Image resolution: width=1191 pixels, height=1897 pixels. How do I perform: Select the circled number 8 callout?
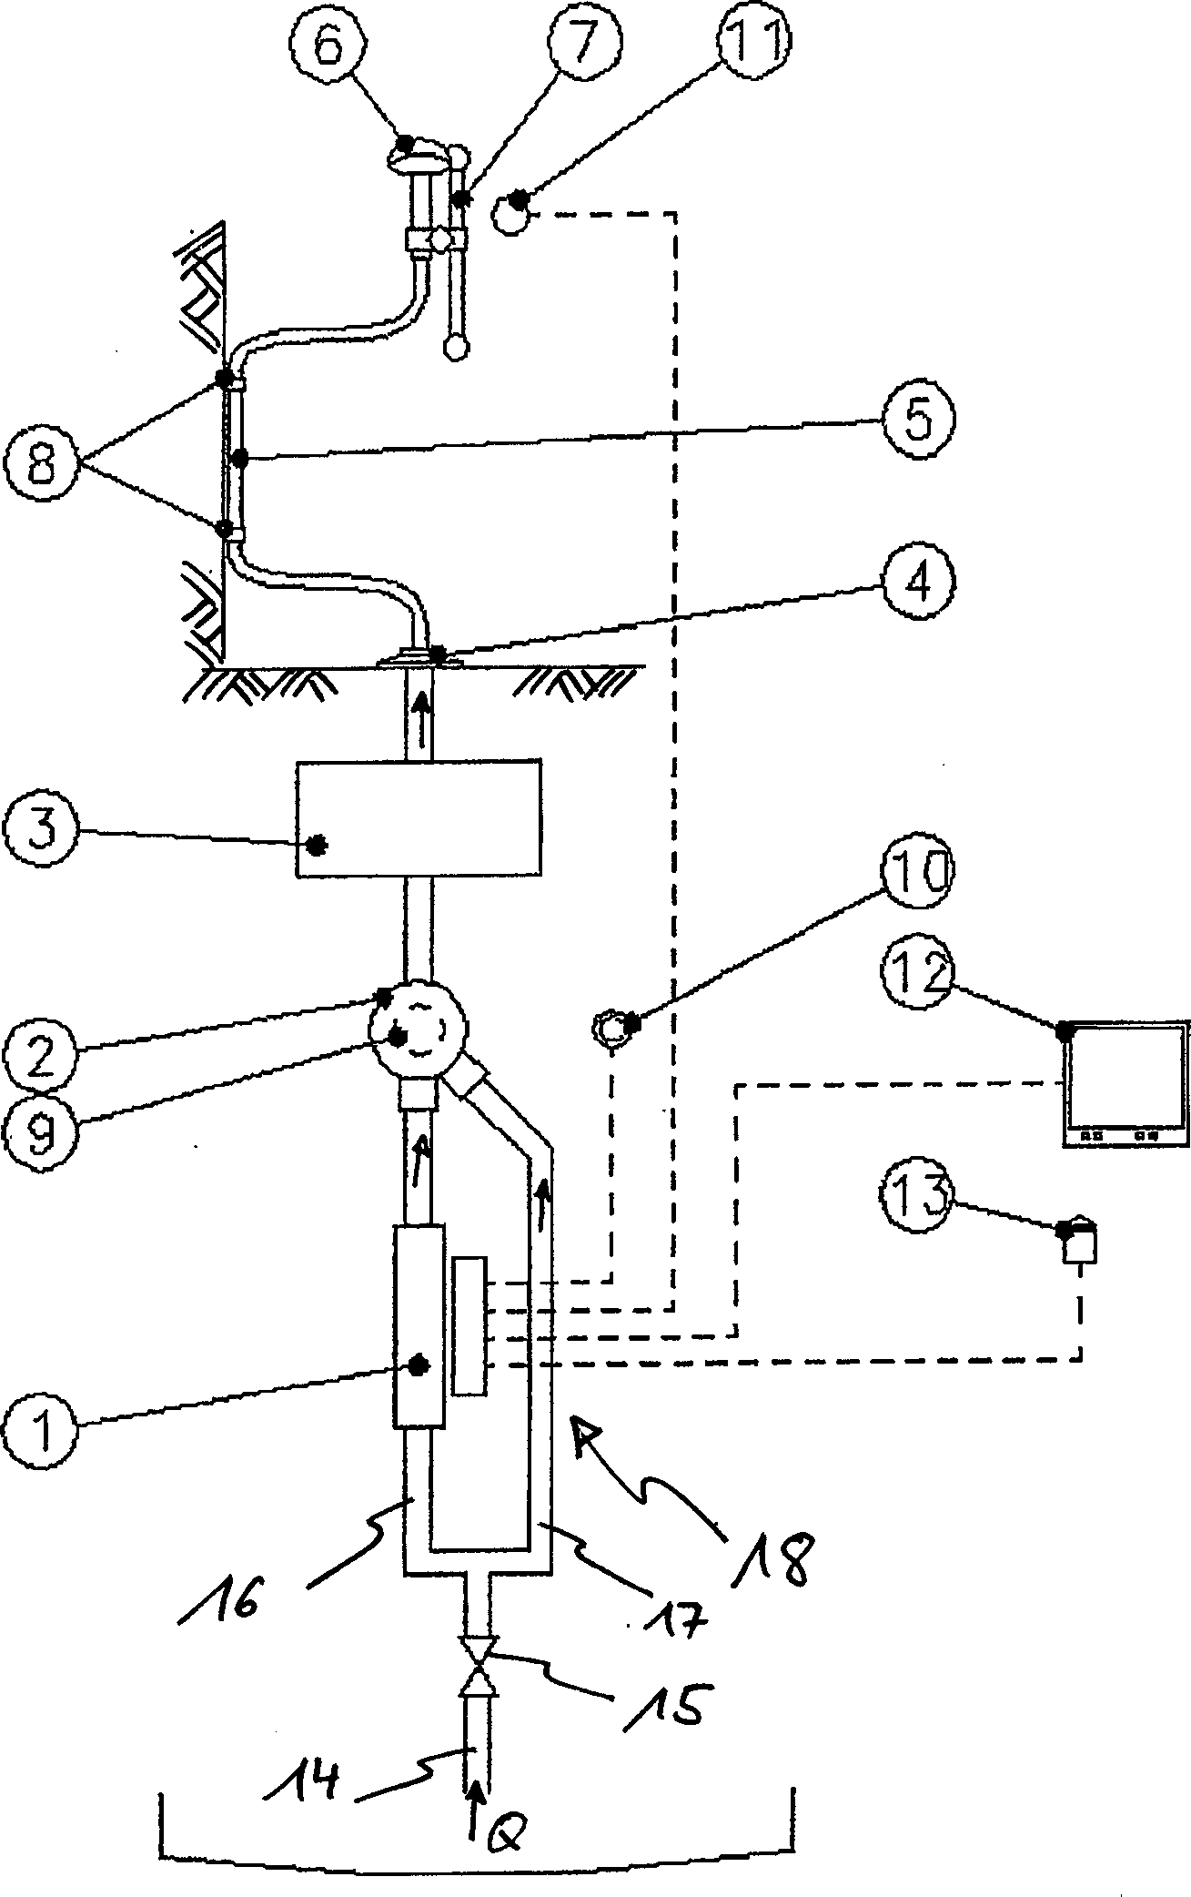[44, 463]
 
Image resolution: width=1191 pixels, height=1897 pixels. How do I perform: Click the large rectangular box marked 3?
[419, 819]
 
